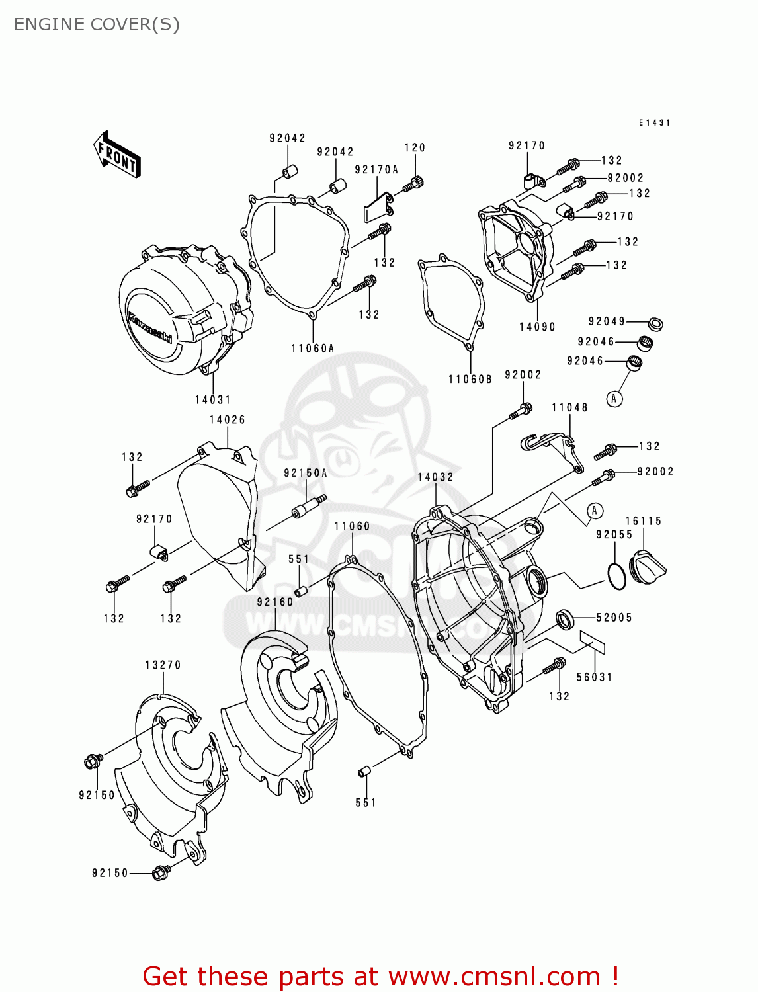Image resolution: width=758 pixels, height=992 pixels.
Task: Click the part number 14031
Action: pyautogui.click(x=212, y=400)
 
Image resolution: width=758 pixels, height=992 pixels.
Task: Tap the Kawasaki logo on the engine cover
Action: pyautogui.click(x=149, y=328)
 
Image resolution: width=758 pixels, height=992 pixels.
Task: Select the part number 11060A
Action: pyautogui.click(x=312, y=349)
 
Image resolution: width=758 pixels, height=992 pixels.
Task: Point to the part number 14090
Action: pyautogui.click(x=537, y=327)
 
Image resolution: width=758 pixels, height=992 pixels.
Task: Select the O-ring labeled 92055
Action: pyautogui.click(x=617, y=576)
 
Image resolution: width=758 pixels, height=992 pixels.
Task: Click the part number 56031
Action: pyautogui.click(x=594, y=677)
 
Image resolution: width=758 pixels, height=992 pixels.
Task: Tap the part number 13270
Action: pyautogui.click(x=163, y=665)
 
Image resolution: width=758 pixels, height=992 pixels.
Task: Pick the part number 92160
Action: pyautogui.click(x=275, y=602)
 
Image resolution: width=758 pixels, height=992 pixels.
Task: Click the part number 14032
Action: pyautogui.click(x=435, y=477)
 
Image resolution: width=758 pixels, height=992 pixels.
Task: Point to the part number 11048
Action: pyautogui.click(x=569, y=407)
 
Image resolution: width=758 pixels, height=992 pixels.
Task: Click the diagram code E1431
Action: pyautogui.click(x=654, y=123)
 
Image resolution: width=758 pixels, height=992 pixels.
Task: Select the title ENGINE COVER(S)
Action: pyautogui.click(x=97, y=24)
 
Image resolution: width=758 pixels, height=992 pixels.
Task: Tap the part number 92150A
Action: pyautogui.click(x=306, y=473)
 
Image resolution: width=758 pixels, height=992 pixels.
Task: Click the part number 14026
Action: pyautogui.click(x=227, y=420)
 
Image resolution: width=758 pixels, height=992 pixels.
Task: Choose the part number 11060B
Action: pyautogui.click(x=470, y=380)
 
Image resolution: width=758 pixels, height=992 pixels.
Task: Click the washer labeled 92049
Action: pyautogui.click(x=655, y=325)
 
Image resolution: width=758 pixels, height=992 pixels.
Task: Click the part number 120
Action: pyautogui.click(x=415, y=148)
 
